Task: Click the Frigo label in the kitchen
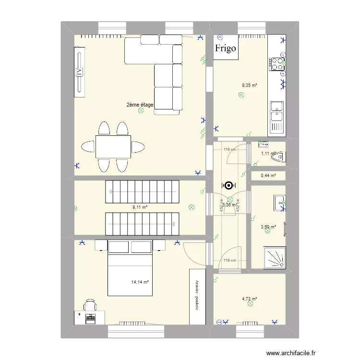tap(226, 48)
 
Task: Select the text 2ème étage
tap(140, 105)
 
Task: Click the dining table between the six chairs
tap(113, 146)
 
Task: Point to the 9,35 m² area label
tap(250, 86)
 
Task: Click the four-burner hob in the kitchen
tap(276, 64)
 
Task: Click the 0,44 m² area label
tap(268, 176)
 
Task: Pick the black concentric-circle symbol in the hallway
tap(229, 185)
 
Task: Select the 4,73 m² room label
tap(250, 299)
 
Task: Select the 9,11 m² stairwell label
tap(140, 208)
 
